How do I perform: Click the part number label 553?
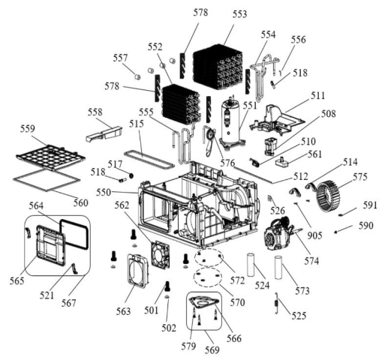tap(239, 14)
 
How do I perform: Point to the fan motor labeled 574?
tap(279, 233)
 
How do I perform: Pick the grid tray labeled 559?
tap(50, 157)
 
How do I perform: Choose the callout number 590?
tap(365, 226)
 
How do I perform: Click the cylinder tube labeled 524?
tap(251, 265)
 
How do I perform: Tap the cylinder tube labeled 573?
tap(278, 267)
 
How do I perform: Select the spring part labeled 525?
tap(277, 302)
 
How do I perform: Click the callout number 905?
tap(314, 235)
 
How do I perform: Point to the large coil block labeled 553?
tap(217, 67)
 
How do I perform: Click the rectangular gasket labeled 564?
tap(74, 234)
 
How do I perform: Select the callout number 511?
tap(317, 95)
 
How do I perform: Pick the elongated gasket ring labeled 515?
tap(149, 159)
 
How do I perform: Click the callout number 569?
tap(212, 350)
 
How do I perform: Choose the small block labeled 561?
tap(282, 161)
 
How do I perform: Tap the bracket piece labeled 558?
tap(104, 133)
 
